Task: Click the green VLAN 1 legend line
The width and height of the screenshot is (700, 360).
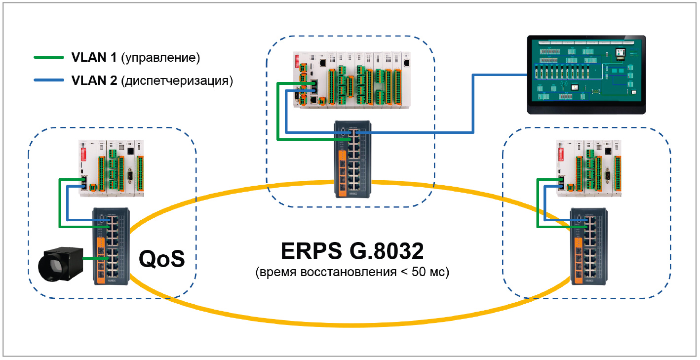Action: pos(48,58)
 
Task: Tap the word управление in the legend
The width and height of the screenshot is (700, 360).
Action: pos(160,58)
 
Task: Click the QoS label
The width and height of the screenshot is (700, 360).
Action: pos(161,259)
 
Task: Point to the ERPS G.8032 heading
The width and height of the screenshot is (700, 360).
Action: pos(352,251)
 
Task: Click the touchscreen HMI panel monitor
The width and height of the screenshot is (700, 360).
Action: pos(586,75)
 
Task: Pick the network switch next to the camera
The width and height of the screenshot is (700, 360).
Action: pos(111,245)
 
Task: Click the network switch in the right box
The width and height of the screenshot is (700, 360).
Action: pos(589,245)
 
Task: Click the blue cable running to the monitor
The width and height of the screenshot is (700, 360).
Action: pos(473,104)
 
